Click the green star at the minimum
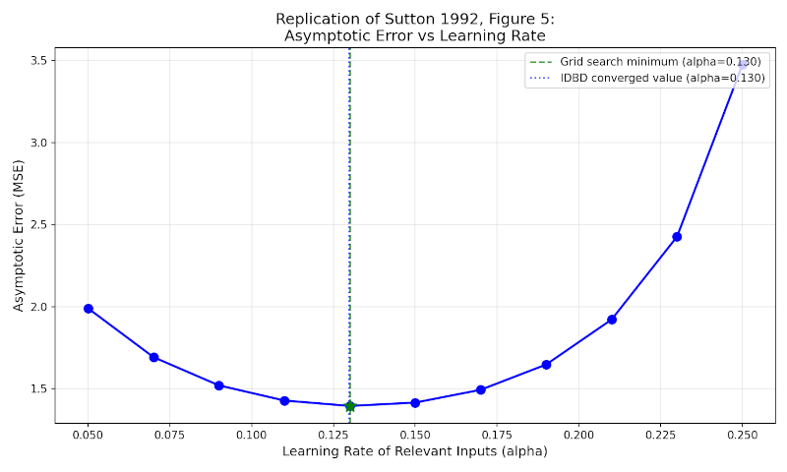tap(349, 406)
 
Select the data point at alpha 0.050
tap(89, 309)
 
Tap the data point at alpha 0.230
tap(677, 237)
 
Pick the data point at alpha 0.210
tap(612, 320)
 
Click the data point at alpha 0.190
tap(546, 365)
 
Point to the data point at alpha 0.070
tap(153, 357)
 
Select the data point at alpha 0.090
tap(219, 385)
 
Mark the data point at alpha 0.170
tap(481, 390)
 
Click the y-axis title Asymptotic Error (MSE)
tap(18, 236)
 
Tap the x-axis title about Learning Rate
tap(414, 451)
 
